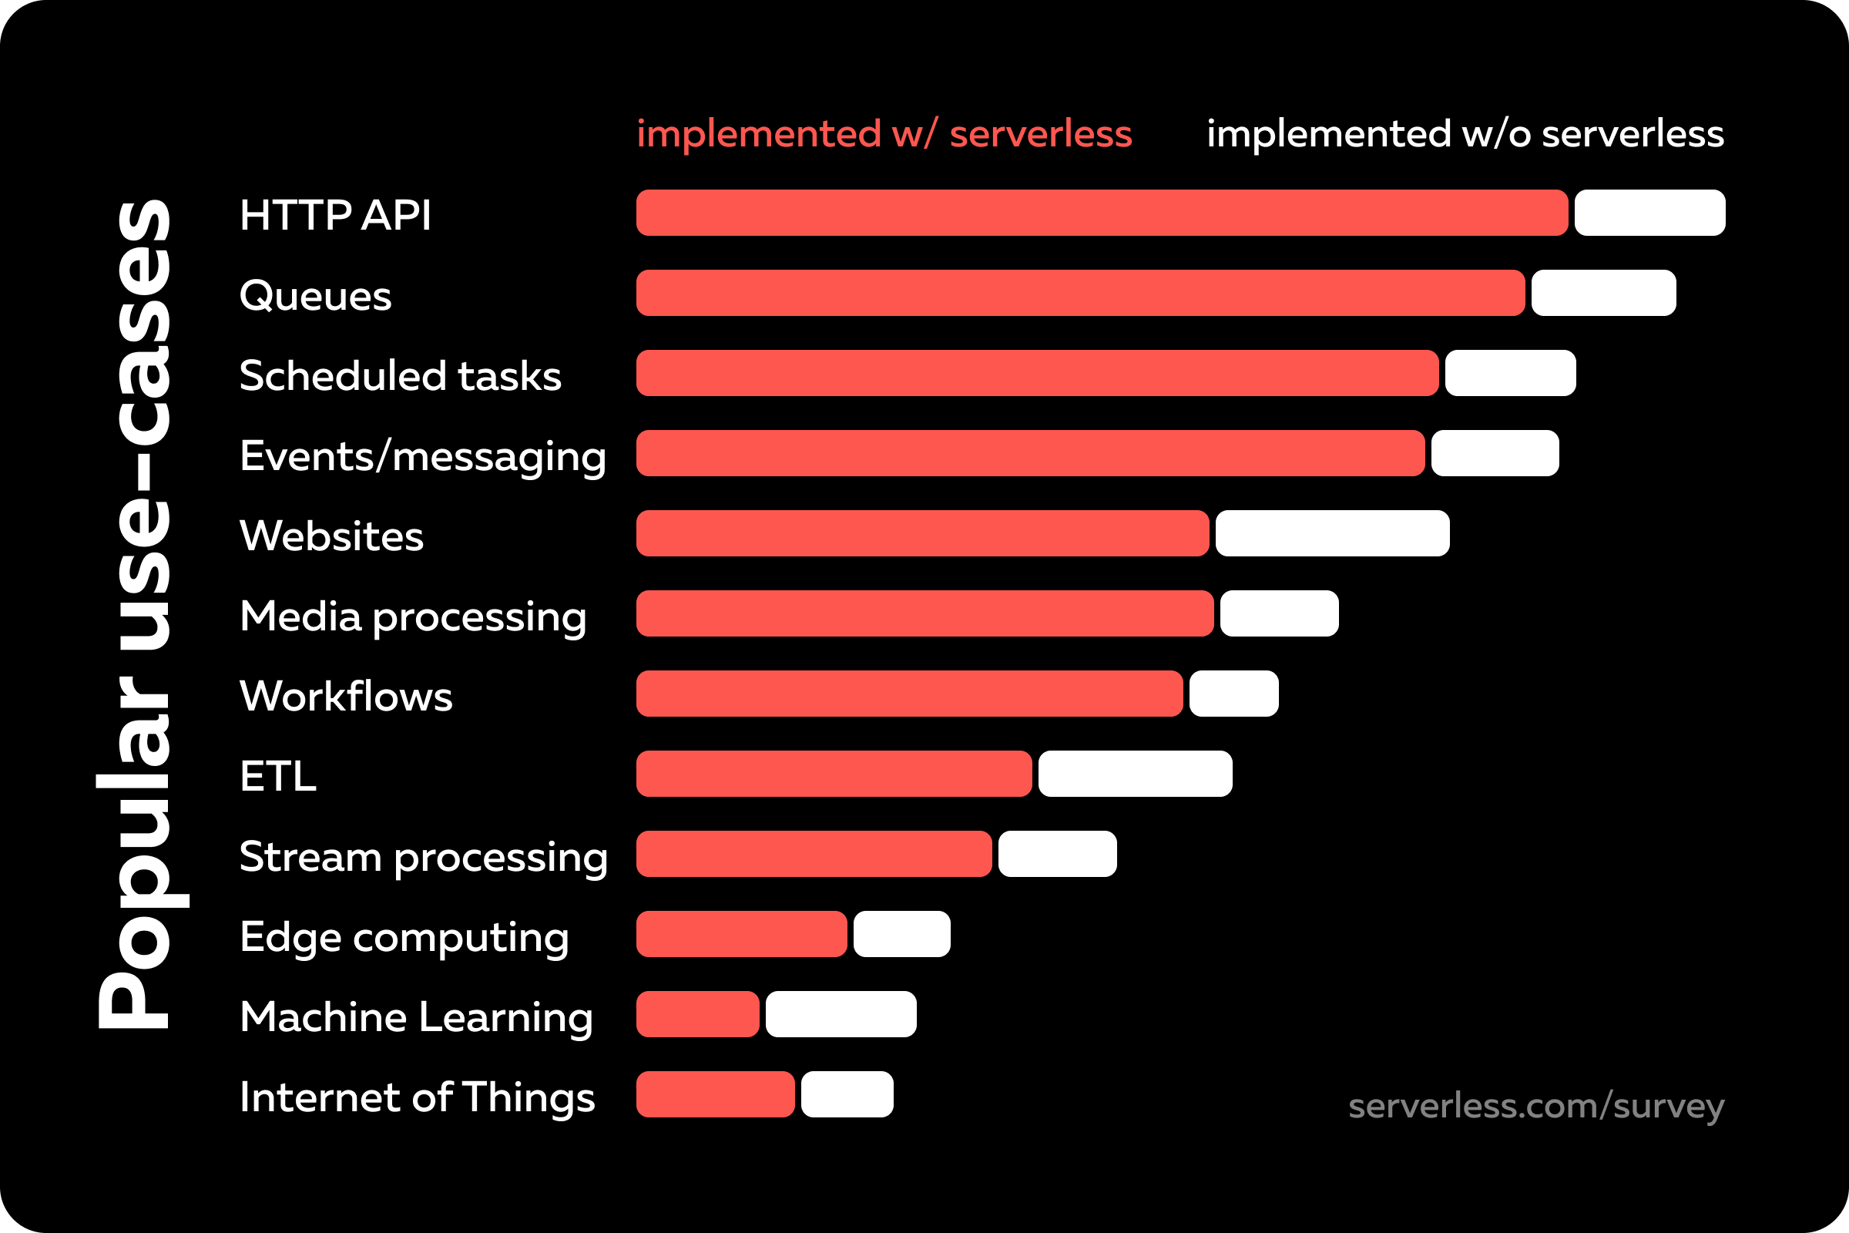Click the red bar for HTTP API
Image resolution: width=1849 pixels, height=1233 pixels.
tap(1102, 213)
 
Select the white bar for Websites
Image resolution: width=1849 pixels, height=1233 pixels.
tap(1332, 533)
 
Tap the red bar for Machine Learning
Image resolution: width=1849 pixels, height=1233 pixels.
tap(697, 1013)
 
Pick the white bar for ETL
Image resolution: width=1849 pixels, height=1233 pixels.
tap(1134, 774)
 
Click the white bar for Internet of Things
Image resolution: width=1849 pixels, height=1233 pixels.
tap(847, 1094)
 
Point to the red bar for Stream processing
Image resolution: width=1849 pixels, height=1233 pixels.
tap(814, 854)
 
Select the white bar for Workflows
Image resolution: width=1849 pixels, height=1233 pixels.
tap(1233, 694)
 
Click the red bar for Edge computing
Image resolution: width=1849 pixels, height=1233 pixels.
tap(741, 934)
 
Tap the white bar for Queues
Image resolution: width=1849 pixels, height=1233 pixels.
tap(1603, 293)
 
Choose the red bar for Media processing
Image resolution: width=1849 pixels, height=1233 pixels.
tap(924, 613)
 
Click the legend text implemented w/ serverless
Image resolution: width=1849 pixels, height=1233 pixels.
tap(884, 133)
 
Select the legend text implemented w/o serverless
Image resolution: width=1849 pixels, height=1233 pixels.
tap(1465, 133)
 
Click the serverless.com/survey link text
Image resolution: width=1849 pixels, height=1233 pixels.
tap(1536, 1106)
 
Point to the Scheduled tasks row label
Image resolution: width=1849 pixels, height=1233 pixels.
tap(400, 375)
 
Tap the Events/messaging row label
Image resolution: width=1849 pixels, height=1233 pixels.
tap(423, 456)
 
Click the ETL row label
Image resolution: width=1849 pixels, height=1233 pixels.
tap(277, 776)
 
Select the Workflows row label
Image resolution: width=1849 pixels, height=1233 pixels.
tap(346, 696)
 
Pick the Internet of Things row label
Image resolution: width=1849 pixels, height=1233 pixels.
tap(417, 1097)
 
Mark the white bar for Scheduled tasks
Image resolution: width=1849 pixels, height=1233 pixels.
tap(1509, 373)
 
